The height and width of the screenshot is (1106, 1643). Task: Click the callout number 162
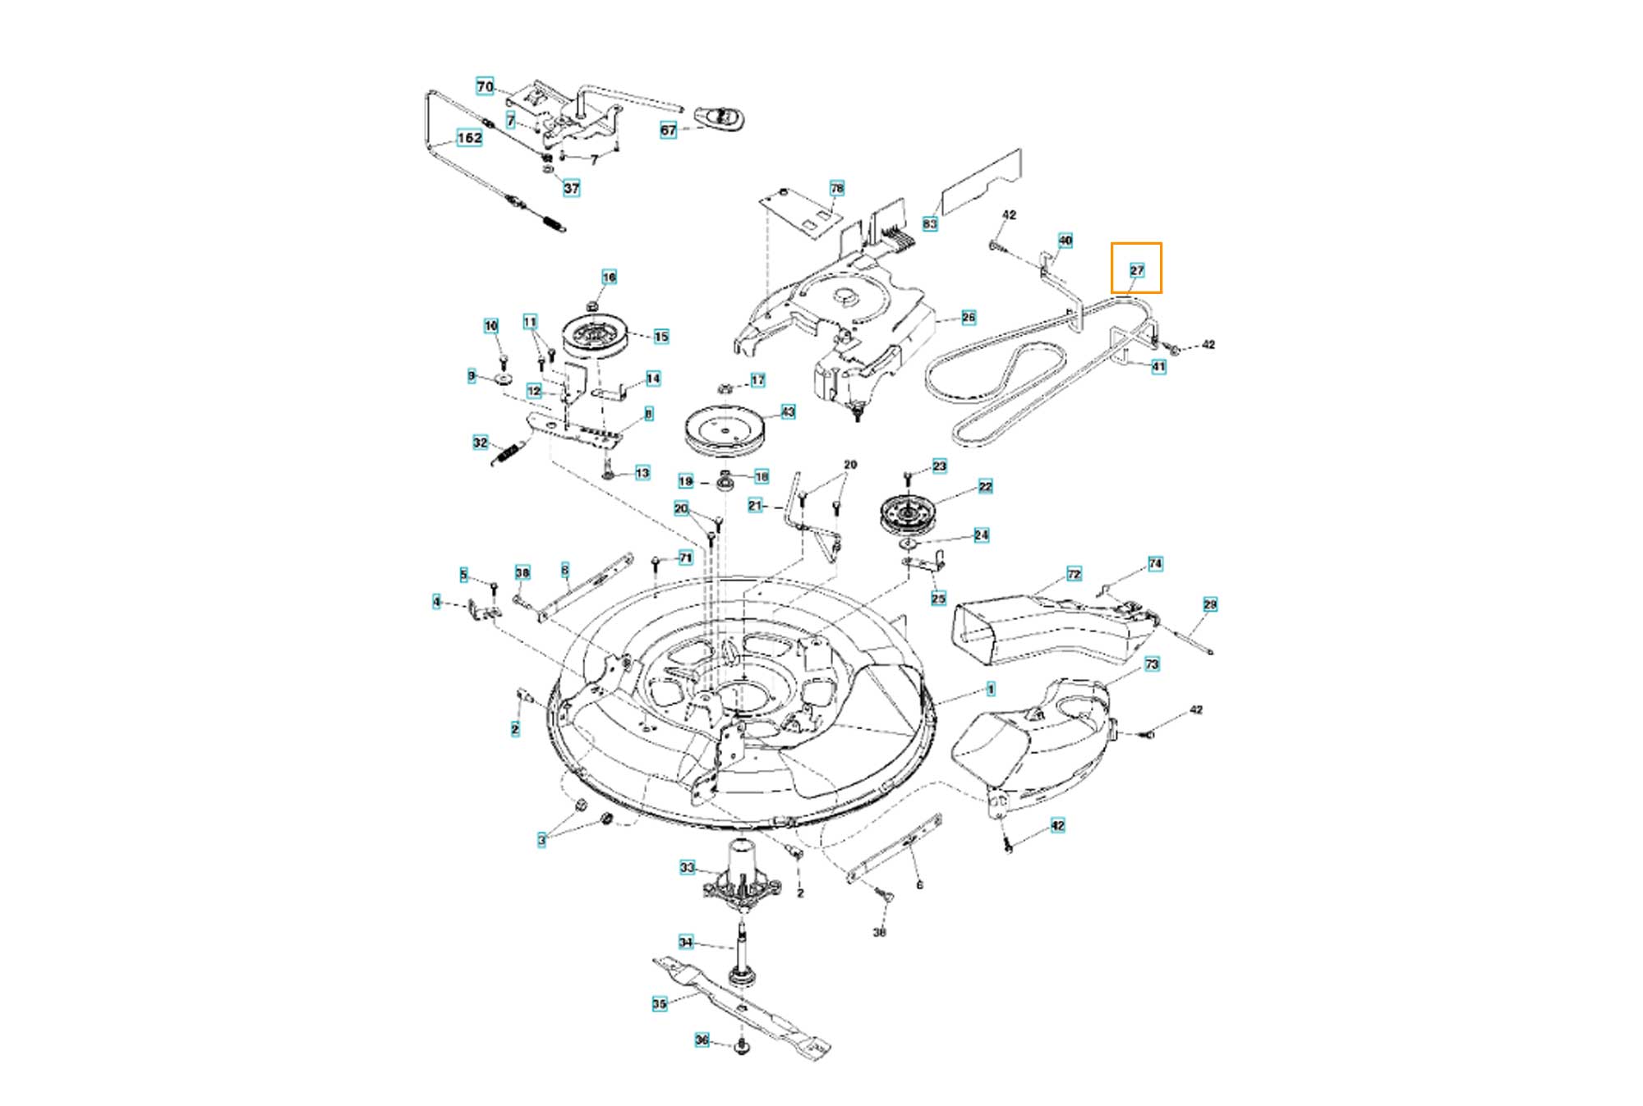(469, 138)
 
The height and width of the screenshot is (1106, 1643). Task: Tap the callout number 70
(485, 86)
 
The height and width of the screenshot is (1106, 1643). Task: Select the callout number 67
(669, 130)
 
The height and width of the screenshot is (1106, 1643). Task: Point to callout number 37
(571, 188)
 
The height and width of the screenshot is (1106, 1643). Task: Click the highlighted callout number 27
(1137, 270)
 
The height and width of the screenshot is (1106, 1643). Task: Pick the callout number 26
(969, 317)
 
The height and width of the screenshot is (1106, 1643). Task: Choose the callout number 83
(930, 223)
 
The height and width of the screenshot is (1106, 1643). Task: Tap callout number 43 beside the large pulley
(788, 411)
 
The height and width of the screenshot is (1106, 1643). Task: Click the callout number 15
(661, 336)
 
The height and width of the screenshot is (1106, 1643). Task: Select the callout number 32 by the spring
(481, 443)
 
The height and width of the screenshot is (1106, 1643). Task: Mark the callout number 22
(986, 486)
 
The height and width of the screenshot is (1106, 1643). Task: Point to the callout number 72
(1074, 573)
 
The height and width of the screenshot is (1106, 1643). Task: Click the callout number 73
(1152, 664)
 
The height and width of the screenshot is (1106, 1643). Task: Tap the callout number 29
(1210, 604)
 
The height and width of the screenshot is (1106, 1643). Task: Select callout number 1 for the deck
(991, 689)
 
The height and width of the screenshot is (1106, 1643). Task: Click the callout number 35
(659, 1003)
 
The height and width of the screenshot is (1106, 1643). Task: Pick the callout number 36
(702, 1039)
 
